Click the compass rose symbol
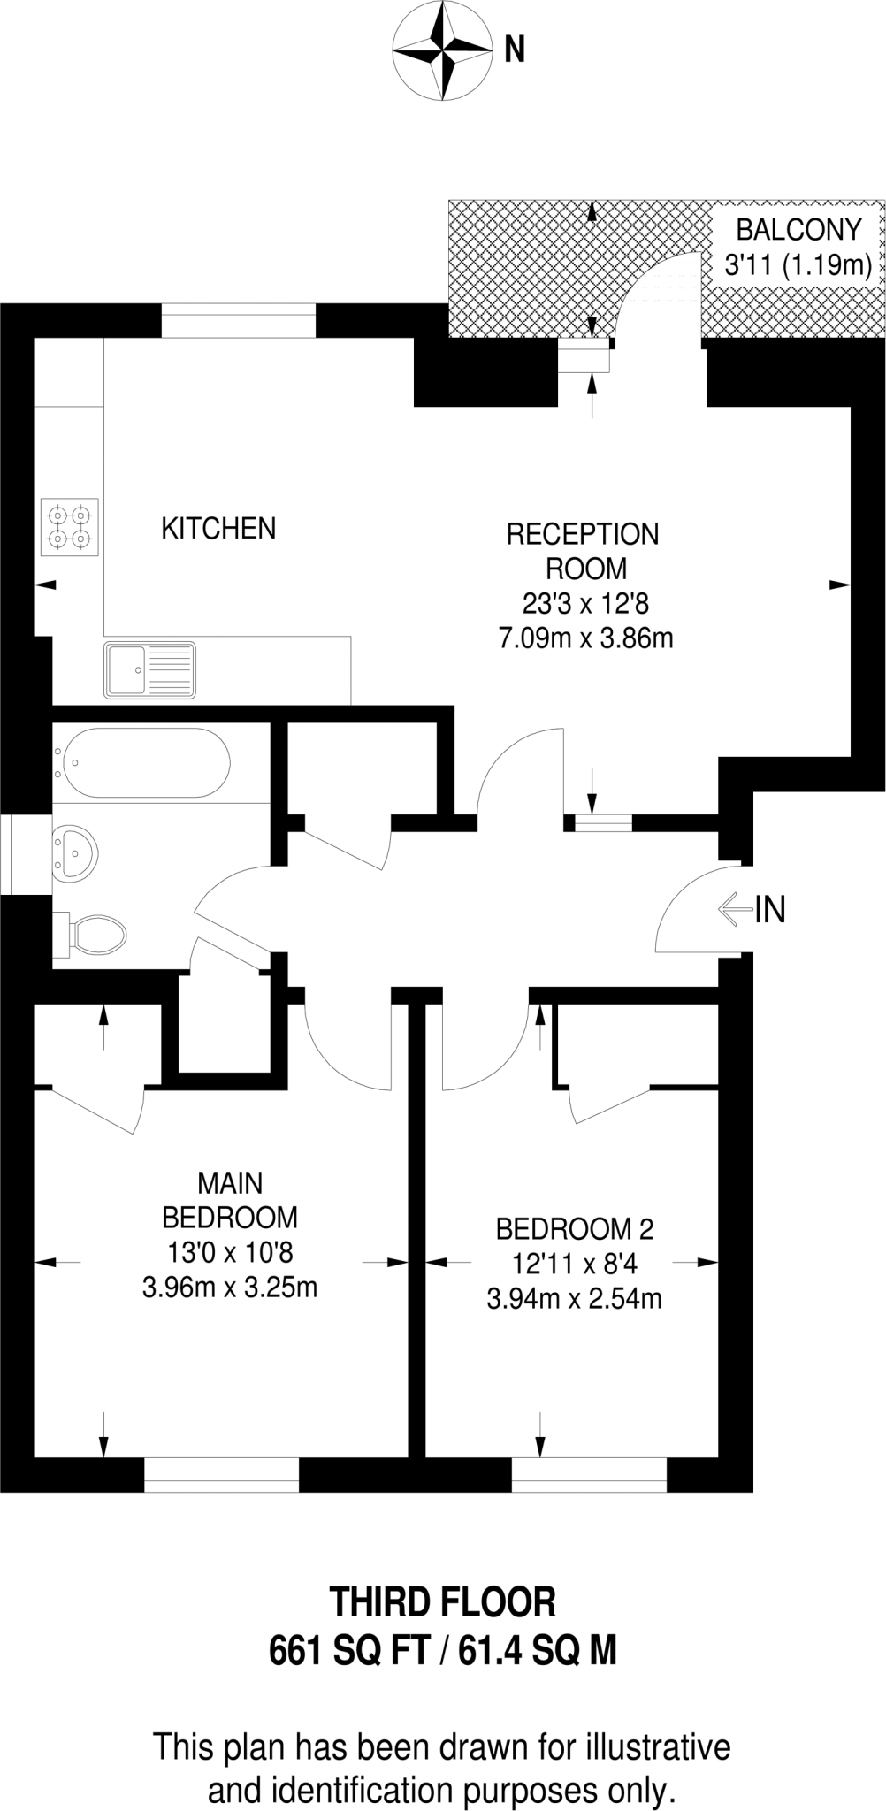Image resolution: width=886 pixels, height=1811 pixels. tap(441, 50)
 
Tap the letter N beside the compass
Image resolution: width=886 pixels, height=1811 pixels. tap(515, 50)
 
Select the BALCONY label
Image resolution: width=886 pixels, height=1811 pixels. tap(798, 230)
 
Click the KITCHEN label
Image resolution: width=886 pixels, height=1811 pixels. tap(218, 529)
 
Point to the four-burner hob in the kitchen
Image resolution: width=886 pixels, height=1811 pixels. tap(69, 526)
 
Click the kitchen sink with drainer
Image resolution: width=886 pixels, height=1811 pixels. tap(149, 669)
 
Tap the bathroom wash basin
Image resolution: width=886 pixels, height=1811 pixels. tap(75, 854)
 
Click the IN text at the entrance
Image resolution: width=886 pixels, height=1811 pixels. tap(770, 909)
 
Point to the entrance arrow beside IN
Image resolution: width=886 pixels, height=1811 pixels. tap(734, 909)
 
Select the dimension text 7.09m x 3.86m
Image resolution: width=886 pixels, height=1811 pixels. tap(585, 638)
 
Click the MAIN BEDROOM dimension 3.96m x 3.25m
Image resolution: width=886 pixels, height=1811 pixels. tap(230, 1287)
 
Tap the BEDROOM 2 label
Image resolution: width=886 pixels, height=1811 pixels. tap(575, 1229)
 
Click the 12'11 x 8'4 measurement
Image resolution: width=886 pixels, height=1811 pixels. tap(575, 1264)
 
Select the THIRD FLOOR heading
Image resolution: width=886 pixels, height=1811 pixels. tap(442, 1602)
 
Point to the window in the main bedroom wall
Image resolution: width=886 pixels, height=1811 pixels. tap(221, 1474)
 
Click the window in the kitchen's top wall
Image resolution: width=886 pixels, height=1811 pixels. tap(238, 320)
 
